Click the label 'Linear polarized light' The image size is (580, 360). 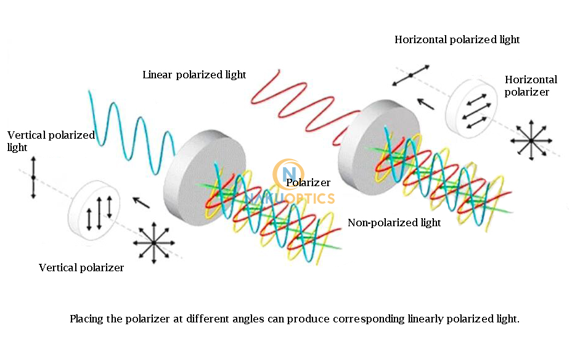pyautogui.click(x=194, y=75)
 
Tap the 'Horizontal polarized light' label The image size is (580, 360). pyautogui.click(x=457, y=40)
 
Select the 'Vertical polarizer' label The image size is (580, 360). pyautogui.click(x=81, y=268)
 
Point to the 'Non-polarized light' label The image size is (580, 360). pyautogui.click(x=394, y=223)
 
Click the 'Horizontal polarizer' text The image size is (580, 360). pyautogui.click(x=530, y=86)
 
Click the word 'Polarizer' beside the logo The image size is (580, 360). pyautogui.click(x=308, y=183)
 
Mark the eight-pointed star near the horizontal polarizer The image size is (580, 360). pyautogui.click(x=531, y=141)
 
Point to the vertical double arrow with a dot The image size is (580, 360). pyautogui.click(x=33, y=178)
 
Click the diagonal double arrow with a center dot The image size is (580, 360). pyautogui.click(x=410, y=75)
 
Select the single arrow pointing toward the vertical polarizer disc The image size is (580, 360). pyautogui.click(x=141, y=202)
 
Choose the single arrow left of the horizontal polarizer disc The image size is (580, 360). pyautogui.click(x=426, y=103)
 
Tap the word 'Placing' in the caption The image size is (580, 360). pyautogui.click(x=86, y=319)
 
